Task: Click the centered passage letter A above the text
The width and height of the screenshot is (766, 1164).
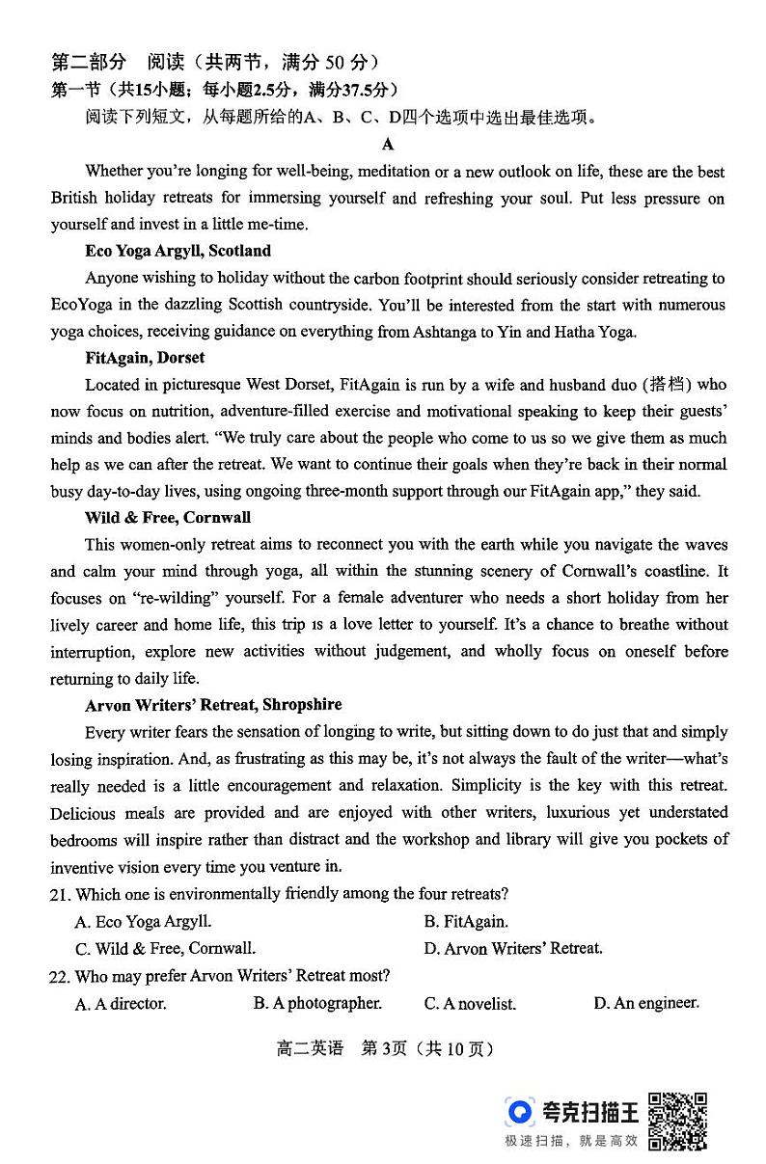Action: pyautogui.click(x=388, y=145)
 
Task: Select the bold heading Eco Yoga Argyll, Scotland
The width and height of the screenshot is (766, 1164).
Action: pyautogui.click(x=178, y=251)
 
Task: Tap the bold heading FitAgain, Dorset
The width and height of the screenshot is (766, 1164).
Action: pyautogui.click(x=145, y=358)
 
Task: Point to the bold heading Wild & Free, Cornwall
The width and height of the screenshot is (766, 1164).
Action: pyautogui.click(x=167, y=518)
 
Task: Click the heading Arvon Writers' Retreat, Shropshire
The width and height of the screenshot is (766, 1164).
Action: pyautogui.click(x=213, y=705)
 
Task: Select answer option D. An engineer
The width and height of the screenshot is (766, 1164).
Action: pyautogui.click(x=645, y=1003)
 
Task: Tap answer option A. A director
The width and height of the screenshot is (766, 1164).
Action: pyautogui.click(x=121, y=1004)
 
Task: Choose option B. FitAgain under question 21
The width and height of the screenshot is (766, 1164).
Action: pyautogui.click(x=465, y=922)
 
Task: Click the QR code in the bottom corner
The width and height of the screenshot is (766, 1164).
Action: pyautogui.click(x=677, y=1122)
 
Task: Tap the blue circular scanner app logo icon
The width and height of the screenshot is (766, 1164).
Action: pyautogui.click(x=520, y=1112)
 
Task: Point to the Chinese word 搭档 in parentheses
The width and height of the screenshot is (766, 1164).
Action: pyautogui.click(x=670, y=385)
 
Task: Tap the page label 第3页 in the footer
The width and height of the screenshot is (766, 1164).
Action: pyautogui.click(x=382, y=1049)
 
